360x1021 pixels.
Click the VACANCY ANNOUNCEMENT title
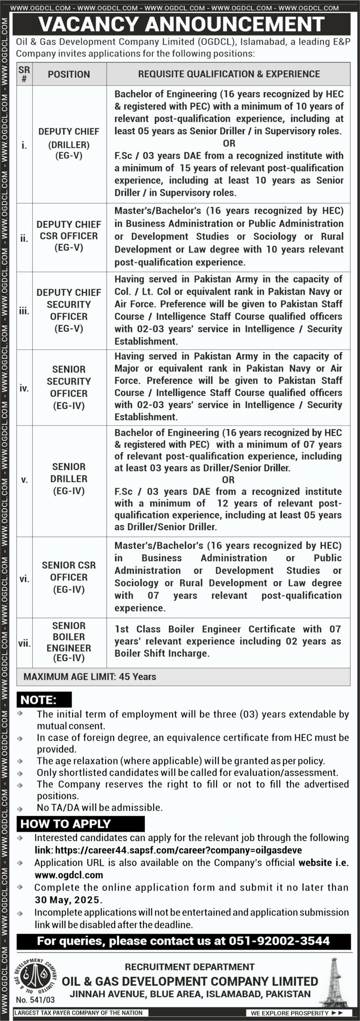pyautogui.click(x=181, y=25)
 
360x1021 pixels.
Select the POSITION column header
pyautogui.click(x=69, y=74)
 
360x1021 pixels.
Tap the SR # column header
pyautogui.click(x=24, y=74)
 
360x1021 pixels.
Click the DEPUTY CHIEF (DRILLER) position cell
pyautogui.click(x=69, y=144)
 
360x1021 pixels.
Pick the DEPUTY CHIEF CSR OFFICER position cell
pyautogui.click(x=69, y=236)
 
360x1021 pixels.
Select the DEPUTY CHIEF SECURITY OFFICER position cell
pyautogui.click(x=69, y=310)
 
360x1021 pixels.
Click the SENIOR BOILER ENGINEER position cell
pyautogui.click(x=69, y=642)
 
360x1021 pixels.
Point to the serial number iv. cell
pyautogui.click(x=24, y=388)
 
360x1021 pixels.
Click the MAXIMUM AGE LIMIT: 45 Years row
pyautogui.click(x=90, y=677)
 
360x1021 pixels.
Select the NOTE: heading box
pyautogui.click(x=44, y=700)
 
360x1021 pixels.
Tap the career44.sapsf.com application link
pyautogui.click(x=178, y=850)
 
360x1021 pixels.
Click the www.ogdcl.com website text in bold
pyautogui.click(x=69, y=875)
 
